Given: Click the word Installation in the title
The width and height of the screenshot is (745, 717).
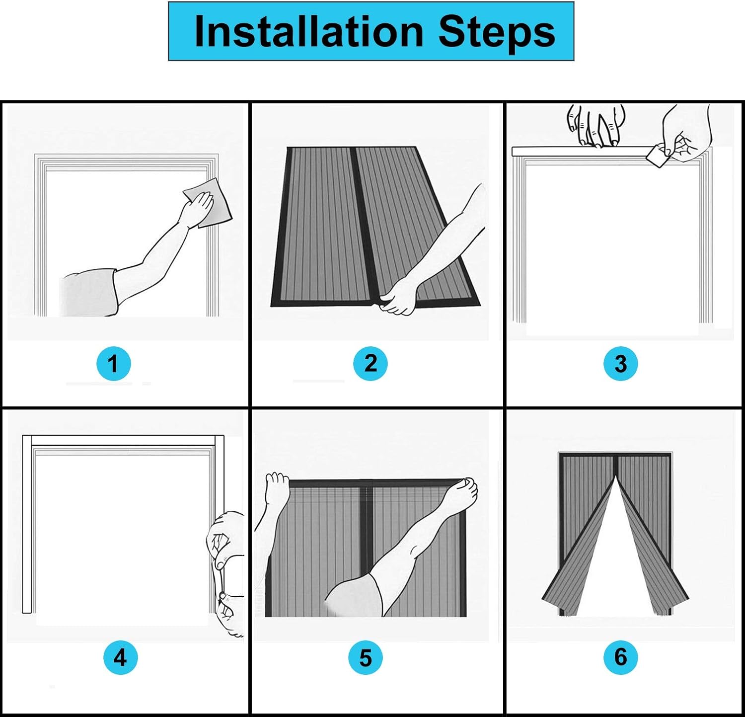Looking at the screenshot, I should (x=308, y=32).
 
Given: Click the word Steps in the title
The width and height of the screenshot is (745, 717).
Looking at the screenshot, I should (x=496, y=32).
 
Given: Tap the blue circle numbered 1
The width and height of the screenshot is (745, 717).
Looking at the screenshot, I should (x=113, y=364).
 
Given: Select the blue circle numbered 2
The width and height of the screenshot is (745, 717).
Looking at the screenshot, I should (x=370, y=364).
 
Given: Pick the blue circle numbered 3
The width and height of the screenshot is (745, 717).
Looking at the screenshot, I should (x=620, y=364).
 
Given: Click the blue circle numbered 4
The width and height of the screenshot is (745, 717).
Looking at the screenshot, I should (x=120, y=658).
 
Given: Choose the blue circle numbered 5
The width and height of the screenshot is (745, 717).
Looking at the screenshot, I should (x=366, y=658).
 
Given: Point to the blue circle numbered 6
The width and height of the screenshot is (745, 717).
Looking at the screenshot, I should (x=620, y=657).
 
